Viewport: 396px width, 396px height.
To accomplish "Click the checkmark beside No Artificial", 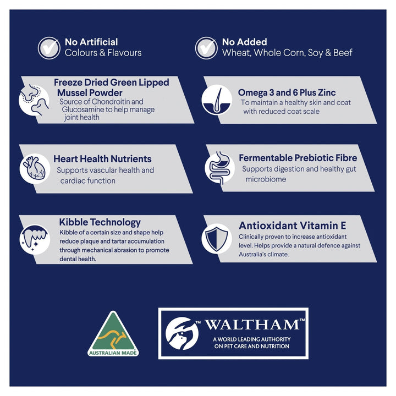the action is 49,48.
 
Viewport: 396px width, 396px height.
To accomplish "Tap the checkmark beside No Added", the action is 206,48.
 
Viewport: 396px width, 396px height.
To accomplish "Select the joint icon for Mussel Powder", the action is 34,100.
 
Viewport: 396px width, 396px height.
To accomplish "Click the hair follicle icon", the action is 217,100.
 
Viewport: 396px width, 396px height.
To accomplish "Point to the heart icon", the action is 35,168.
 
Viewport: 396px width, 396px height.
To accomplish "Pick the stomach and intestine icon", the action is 219,167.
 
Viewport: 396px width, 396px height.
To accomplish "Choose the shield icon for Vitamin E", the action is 217,239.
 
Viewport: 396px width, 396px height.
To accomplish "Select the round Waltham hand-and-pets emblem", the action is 182,333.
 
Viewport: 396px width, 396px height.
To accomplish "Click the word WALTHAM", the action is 252,325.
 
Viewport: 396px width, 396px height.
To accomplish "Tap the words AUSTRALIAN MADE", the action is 113,353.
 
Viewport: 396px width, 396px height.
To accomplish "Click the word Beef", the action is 343,53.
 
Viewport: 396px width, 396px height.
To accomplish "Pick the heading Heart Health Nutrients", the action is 102,159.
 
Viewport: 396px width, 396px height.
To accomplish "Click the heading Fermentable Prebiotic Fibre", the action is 298,158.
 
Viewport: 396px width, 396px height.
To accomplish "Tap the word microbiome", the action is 266,179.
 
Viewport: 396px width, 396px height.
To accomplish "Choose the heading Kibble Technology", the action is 100,222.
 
